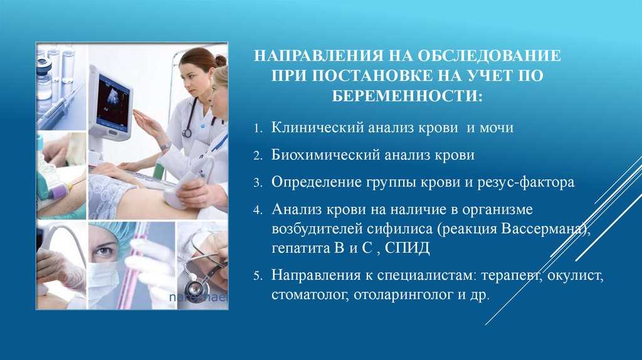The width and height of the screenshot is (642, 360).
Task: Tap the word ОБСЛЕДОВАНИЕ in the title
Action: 489,56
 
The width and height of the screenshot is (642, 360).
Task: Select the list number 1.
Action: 258,129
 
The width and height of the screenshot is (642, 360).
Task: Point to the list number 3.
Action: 258,183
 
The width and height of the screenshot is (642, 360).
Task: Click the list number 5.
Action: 258,275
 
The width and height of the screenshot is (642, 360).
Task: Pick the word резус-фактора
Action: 526,182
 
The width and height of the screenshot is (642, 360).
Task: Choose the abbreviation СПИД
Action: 408,248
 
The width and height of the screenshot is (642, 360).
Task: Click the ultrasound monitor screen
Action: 113,101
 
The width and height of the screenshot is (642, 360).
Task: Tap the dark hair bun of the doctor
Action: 221,61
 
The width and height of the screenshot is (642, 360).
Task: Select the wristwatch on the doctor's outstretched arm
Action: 166,146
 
